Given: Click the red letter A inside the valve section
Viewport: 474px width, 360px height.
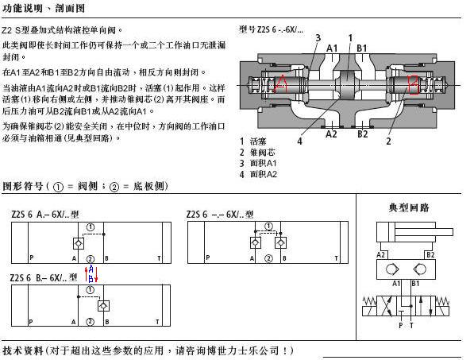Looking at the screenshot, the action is [281, 83].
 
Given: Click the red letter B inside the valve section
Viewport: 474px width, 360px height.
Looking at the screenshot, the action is [413, 85].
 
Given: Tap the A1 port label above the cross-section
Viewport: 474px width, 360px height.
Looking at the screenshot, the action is [332, 48].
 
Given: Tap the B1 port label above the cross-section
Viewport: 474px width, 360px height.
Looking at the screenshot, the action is [361, 48].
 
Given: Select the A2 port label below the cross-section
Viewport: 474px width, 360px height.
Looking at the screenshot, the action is [331, 134].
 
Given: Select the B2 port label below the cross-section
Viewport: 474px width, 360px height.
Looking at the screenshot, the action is [363, 134].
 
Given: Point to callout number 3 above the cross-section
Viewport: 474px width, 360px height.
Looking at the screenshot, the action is [318, 38].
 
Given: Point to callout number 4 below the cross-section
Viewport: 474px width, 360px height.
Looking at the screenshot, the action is [299, 141].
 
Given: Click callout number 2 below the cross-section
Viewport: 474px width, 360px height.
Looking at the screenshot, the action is [388, 141].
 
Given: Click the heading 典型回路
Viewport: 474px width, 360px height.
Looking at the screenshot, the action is [409, 207].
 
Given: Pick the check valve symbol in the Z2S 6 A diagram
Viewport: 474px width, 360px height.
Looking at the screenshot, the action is [79, 243].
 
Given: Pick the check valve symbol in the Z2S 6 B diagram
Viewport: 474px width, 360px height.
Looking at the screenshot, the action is [103, 305].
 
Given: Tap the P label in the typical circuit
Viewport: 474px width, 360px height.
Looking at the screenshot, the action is [400, 325].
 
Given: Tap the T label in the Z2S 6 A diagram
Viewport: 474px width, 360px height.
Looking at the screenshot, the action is [159, 258].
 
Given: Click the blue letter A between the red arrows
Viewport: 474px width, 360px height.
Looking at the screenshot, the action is [91, 269].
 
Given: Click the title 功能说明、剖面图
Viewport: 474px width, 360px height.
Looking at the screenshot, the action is [44, 8].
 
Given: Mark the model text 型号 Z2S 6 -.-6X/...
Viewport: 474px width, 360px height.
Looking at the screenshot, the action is [272, 29].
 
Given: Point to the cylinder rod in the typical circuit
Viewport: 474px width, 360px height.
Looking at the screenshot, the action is [444, 232].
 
